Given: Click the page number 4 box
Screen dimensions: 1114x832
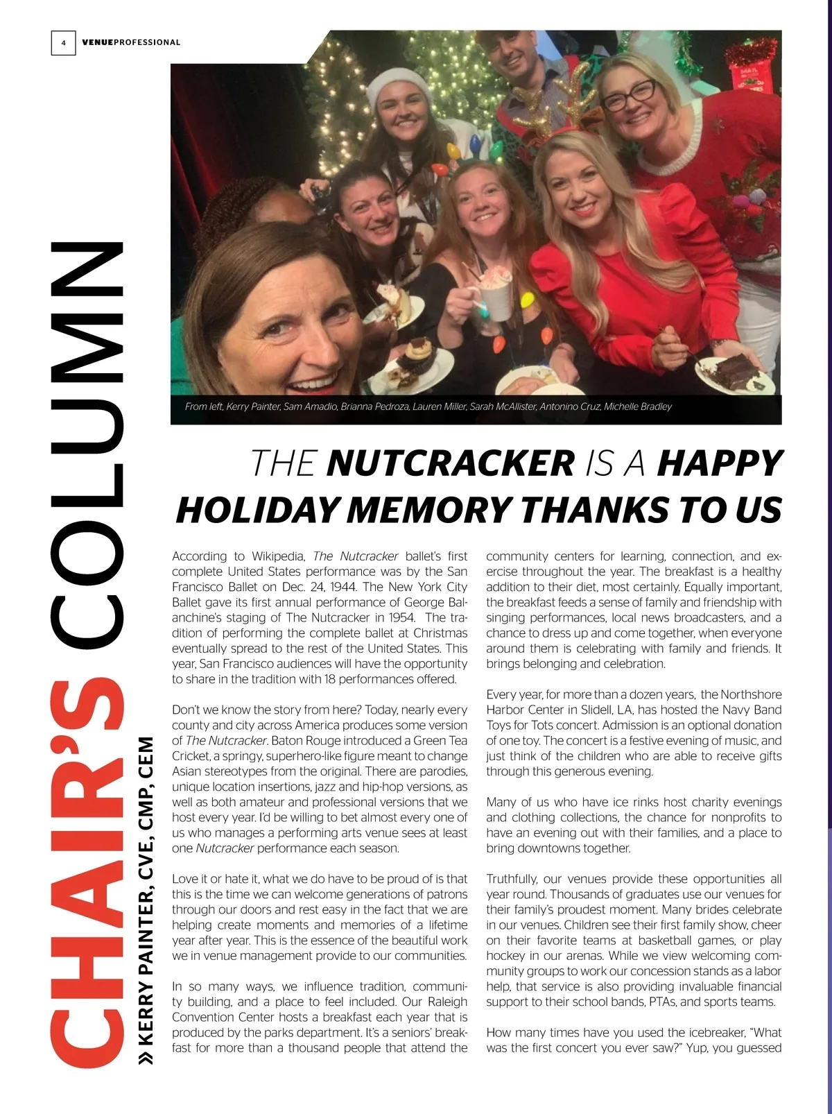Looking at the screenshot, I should pyautogui.click(x=63, y=43).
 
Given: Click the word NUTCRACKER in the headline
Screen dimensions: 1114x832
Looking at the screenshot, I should pyautogui.click(x=451, y=463).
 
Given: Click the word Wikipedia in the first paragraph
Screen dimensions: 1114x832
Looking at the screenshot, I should pyautogui.click(x=277, y=556).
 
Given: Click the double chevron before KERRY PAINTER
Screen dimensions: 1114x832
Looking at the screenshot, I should pyautogui.click(x=146, y=1057).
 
